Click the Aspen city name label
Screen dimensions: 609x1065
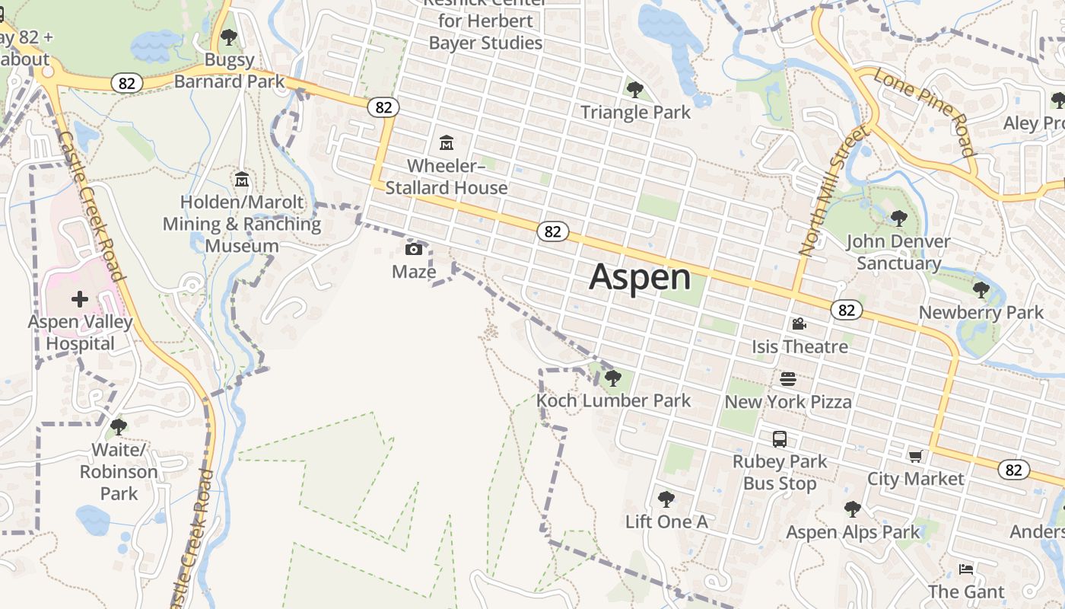click(x=640, y=277)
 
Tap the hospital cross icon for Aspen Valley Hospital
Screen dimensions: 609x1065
click(x=80, y=299)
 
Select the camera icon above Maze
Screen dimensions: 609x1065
click(x=414, y=249)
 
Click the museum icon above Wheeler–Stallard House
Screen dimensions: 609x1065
click(x=447, y=142)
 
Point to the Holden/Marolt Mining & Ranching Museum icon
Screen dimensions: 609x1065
click(x=242, y=180)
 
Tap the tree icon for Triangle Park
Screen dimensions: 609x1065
click(x=634, y=90)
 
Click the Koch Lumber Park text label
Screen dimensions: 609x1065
click(x=613, y=400)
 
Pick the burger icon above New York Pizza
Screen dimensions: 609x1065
click(x=788, y=378)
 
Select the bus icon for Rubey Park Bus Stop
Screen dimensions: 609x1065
click(x=780, y=438)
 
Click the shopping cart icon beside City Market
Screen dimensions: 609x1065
click(x=915, y=456)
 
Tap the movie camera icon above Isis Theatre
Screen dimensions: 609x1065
click(x=799, y=324)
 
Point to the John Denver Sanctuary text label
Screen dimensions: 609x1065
click(x=898, y=253)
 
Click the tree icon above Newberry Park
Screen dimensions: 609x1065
click(x=981, y=290)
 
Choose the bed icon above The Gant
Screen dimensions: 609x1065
click(x=965, y=569)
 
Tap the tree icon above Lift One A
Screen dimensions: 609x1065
click(x=666, y=499)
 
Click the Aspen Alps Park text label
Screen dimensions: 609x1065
click(x=853, y=532)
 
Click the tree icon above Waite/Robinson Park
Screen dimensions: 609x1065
click(x=118, y=426)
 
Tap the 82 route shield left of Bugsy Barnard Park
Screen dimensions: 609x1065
click(x=126, y=83)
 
